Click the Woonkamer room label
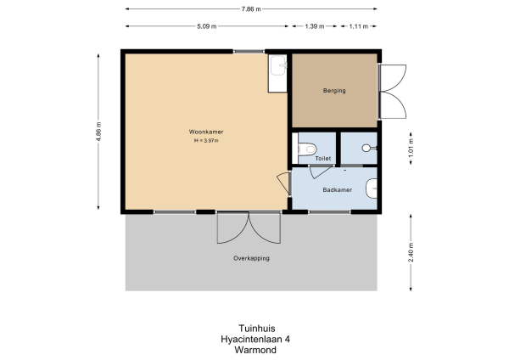[x=206, y=132]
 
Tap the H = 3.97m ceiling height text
[x=206, y=141]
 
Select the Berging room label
[x=334, y=91]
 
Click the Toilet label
[x=323, y=158]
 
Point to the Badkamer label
[x=337, y=189]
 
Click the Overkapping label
[x=251, y=258]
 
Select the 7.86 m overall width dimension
[x=252, y=8]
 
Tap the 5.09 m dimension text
[x=206, y=26]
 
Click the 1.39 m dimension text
[x=314, y=26]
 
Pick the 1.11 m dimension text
[x=359, y=26]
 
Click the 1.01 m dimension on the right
[x=411, y=148]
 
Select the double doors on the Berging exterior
[x=390, y=92]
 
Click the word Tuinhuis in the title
[x=252, y=328]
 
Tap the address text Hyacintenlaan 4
[x=252, y=338]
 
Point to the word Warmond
[x=252, y=348]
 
